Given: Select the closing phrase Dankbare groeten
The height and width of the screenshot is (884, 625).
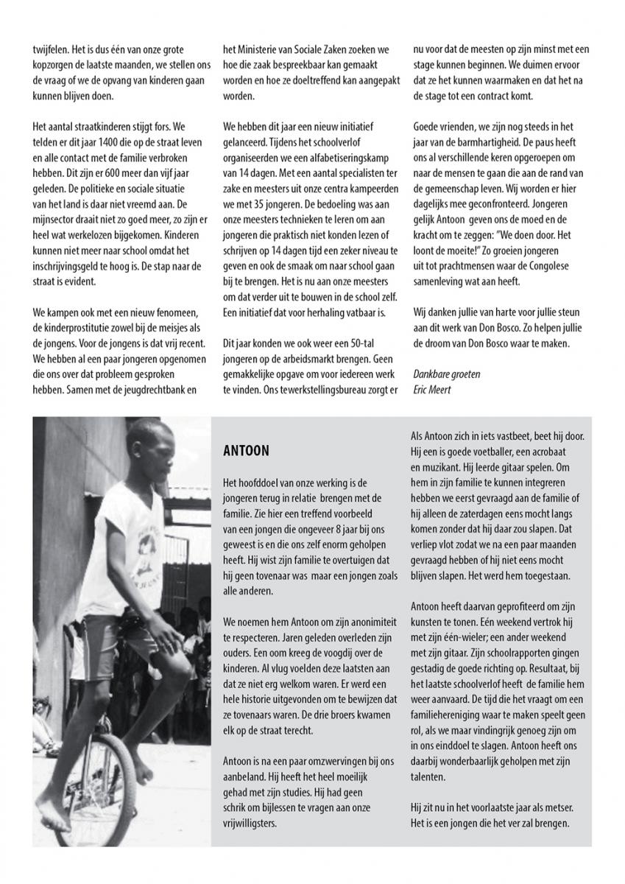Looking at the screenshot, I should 447,373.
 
